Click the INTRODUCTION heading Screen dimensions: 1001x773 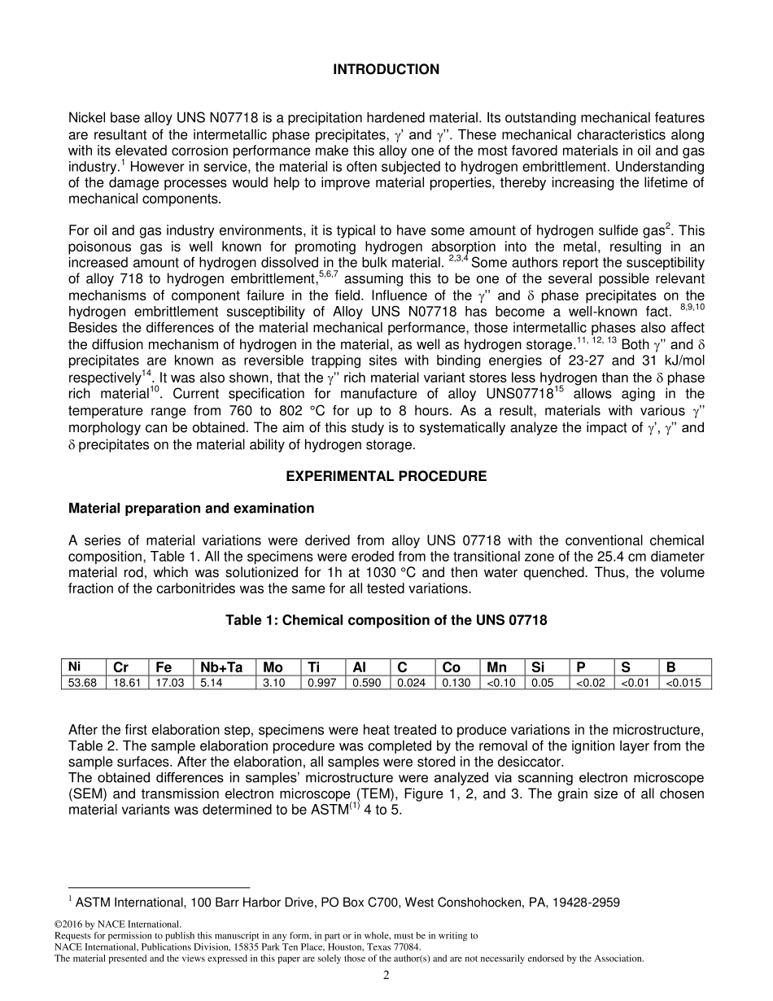(x=386, y=70)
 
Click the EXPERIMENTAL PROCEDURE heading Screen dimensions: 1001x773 (x=386, y=476)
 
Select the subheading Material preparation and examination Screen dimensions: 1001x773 (x=191, y=509)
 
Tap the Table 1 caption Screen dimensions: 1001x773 (x=386, y=621)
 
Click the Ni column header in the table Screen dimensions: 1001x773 (x=75, y=667)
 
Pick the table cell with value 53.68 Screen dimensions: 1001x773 (x=82, y=683)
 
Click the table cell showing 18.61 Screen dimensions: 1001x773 (x=128, y=683)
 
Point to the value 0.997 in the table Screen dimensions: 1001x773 (x=322, y=683)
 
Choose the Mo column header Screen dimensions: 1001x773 (x=273, y=668)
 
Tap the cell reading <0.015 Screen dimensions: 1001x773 (x=683, y=683)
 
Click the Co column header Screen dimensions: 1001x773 (x=451, y=668)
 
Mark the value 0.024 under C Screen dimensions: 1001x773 (x=412, y=683)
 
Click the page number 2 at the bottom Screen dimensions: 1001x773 (x=386, y=976)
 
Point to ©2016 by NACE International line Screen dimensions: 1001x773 (x=118, y=924)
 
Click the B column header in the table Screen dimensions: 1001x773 (x=671, y=668)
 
